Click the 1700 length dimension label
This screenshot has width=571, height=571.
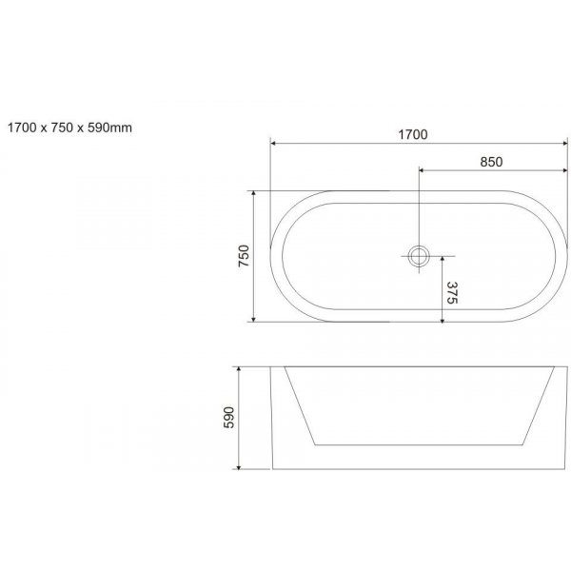point(413,135)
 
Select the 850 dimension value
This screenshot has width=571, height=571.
point(491,162)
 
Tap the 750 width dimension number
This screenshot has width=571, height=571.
point(244,256)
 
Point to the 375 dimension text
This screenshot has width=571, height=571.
point(452,292)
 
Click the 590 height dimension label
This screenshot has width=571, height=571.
point(228,418)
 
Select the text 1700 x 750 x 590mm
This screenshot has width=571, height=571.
point(69,128)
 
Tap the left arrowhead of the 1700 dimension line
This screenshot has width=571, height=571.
point(273,144)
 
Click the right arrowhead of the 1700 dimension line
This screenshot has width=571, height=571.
point(564,144)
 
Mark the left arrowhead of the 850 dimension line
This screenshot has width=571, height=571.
point(422,170)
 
